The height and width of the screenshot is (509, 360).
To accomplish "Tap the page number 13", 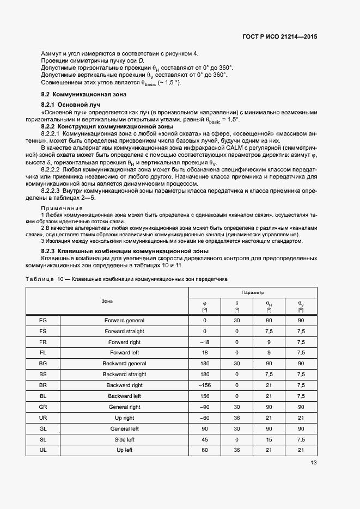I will click(314, 463).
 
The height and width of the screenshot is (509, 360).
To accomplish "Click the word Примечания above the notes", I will click(62, 208).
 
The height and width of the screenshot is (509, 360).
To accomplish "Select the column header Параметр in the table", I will click(253, 292).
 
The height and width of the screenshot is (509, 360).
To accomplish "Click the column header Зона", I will click(107, 301).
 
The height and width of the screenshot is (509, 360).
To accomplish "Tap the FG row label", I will click(43, 321).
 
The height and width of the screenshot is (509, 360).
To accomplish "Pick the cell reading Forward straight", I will click(124, 331).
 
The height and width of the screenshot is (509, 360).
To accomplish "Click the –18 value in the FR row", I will click(205, 342).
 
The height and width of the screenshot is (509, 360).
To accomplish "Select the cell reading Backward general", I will click(124, 364).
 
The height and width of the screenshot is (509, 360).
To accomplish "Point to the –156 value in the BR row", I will click(205, 385).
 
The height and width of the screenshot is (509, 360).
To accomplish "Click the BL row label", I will click(43, 396).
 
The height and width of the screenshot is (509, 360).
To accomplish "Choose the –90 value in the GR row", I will click(205, 407).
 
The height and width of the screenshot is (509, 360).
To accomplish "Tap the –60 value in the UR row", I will click(205, 418).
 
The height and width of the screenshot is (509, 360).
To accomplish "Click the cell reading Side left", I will click(124, 439).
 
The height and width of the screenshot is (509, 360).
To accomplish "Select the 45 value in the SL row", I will click(205, 439).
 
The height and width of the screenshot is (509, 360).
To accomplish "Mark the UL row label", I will click(43, 450).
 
